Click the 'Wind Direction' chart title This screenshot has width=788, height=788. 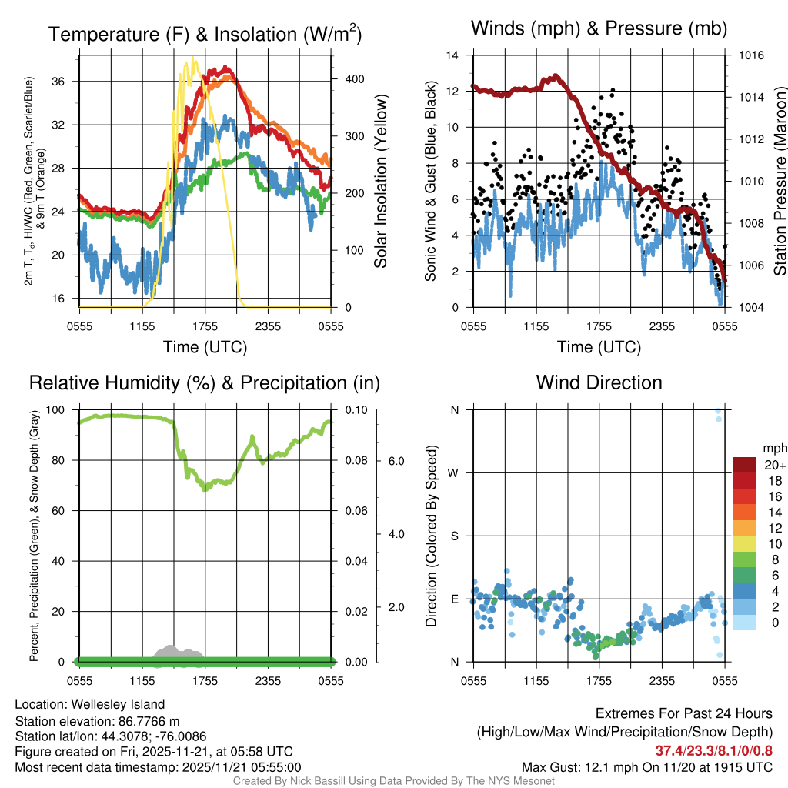599,382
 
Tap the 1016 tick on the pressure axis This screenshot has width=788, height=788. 750,55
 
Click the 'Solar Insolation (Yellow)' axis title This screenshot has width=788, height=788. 380,182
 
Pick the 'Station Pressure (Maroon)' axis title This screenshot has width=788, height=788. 778,182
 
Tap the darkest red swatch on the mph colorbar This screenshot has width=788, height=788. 745,465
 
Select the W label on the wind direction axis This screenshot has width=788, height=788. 453,472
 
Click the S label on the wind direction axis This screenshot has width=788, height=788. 454,536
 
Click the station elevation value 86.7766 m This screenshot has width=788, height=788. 152,720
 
